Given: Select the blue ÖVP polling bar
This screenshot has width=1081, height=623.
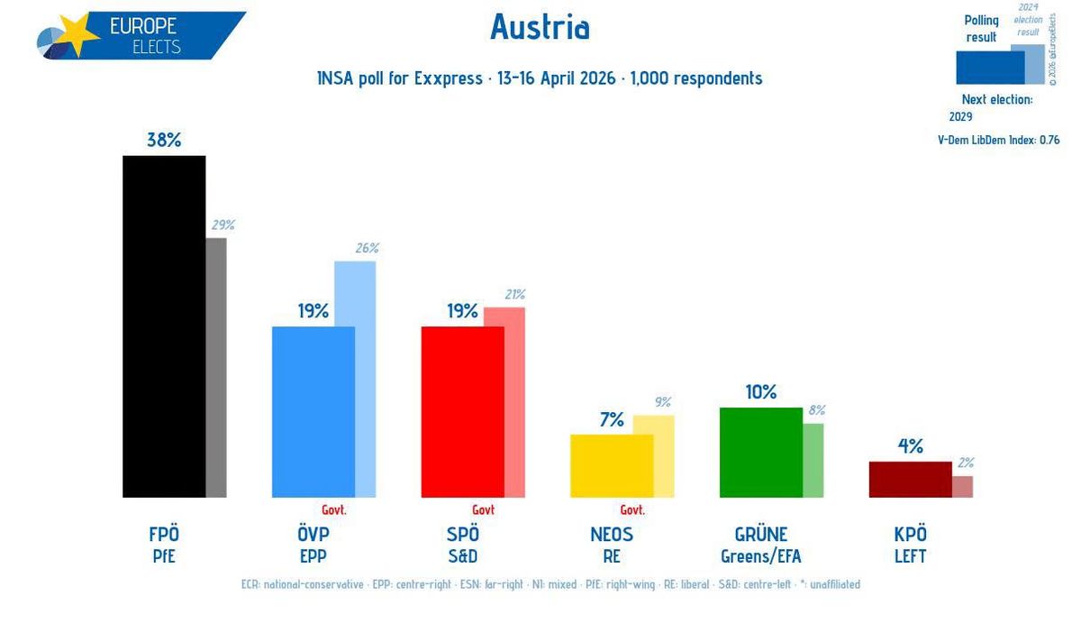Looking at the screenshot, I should pyautogui.click(x=313, y=411).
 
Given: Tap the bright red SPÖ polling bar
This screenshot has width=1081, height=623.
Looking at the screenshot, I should pyautogui.click(x=462, y=411).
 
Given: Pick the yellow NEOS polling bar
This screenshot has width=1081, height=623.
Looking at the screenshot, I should pyautogui.click(x=612, y=465).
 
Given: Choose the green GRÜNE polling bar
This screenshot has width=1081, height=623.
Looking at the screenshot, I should pyautogui.click(x=761, y=452).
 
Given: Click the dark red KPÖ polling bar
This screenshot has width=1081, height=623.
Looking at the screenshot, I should pyautogui.click(x=910, y=479).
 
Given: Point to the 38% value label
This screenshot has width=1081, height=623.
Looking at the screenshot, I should pyautogui.click(x=164, y=140).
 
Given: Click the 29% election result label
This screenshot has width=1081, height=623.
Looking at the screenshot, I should pyautogui.click(x=222, y=224).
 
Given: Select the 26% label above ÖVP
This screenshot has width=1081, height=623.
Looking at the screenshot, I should pyautogui.click(x=367, y=248).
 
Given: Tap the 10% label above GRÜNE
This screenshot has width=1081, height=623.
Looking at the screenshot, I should pyautogui.click(x=760, y=392).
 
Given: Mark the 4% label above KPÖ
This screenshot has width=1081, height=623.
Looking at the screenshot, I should pyautogui.click(x=910, y=446).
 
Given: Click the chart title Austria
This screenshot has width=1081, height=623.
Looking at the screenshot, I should pyautogui.click(x=540, y=28).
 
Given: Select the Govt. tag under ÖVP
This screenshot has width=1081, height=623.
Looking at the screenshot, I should pyautogui.click(x=334, y=509).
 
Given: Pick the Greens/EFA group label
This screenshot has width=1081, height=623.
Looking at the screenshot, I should pyautogui.click(x=760, y=556).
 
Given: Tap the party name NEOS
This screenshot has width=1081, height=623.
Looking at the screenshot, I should pyautogui.click(x=612, y=534).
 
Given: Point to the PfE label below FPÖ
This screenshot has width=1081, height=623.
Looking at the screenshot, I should pyautogui.click(x=164, y=556).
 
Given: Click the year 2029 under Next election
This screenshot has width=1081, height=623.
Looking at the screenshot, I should pyautogui.click(x=962, y=116).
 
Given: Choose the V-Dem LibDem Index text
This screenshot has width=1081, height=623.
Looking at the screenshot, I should pyautogui.click(x=998, y=140).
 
